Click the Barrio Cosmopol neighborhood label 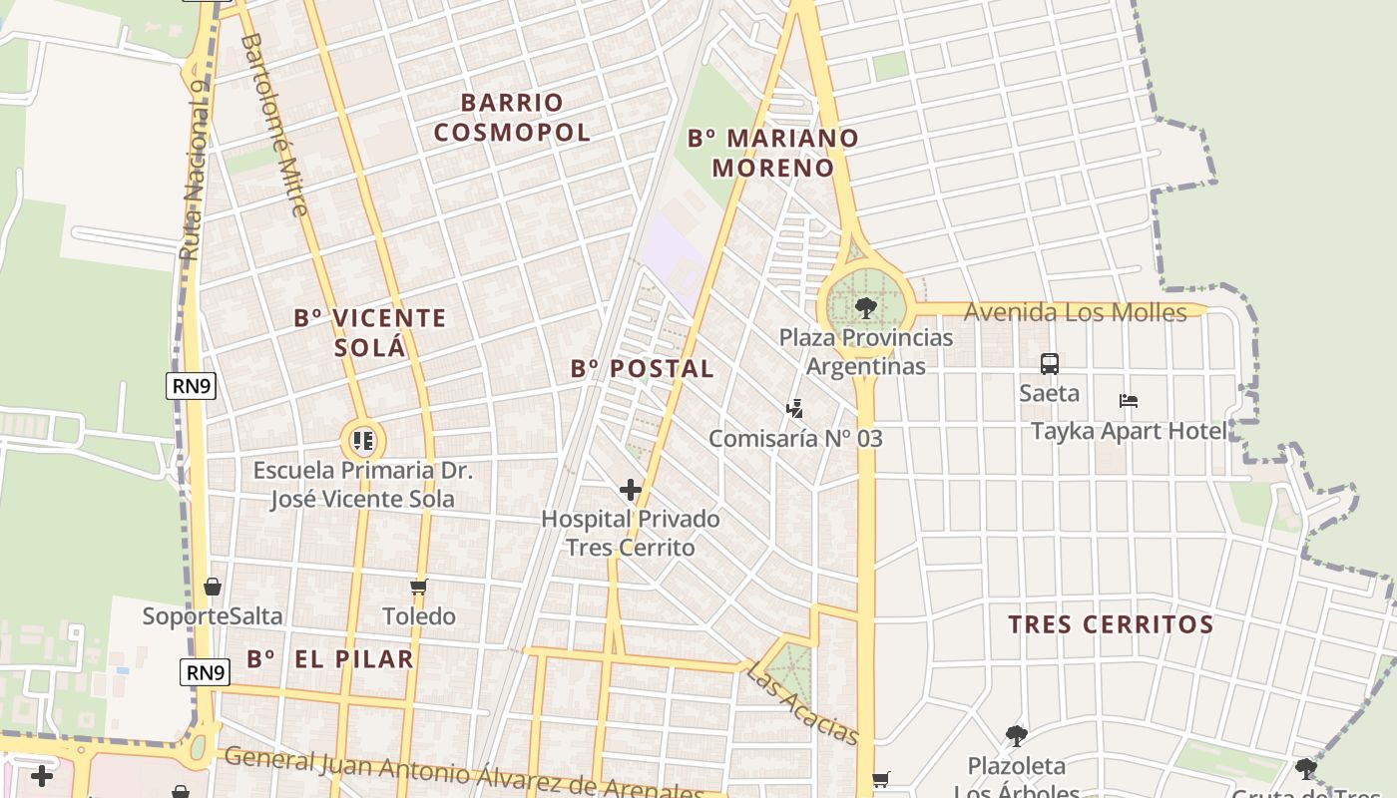click(512, 117)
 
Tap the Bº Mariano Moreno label click(773, 153)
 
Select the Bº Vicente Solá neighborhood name click(369, 332)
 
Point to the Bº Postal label click(642, 368)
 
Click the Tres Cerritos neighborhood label click(1110, 624)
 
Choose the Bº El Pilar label click(329, 658)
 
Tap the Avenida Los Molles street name click(1075, 312)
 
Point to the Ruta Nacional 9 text click(196, 170)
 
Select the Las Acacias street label click(802, 706)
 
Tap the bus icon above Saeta click(1049, 364)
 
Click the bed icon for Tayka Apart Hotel click(1129, 401)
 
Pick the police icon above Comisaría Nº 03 click(794, 408)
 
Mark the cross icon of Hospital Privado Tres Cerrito click(631, 489)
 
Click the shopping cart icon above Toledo click(419, 587)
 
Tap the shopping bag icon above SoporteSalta click(212, 587)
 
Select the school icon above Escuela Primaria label click(363, 440)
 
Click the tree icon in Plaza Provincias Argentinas click(865, 307)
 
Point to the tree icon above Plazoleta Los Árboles click(1016, 736)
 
